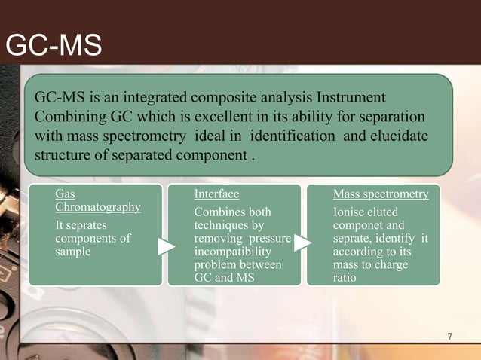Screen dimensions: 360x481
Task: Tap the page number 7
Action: pyautogui.click(x=449, y=336)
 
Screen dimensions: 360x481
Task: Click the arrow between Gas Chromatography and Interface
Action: pyautogui.click(x=167, y=245)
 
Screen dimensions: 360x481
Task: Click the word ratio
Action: pyautogui.click(x=346, y=279)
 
